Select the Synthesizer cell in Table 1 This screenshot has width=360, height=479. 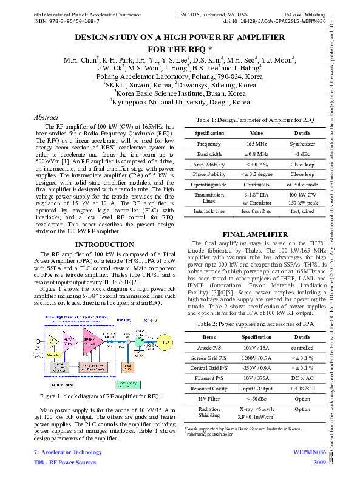302,144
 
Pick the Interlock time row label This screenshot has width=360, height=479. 208,211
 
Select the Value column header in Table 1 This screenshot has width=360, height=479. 256,132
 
